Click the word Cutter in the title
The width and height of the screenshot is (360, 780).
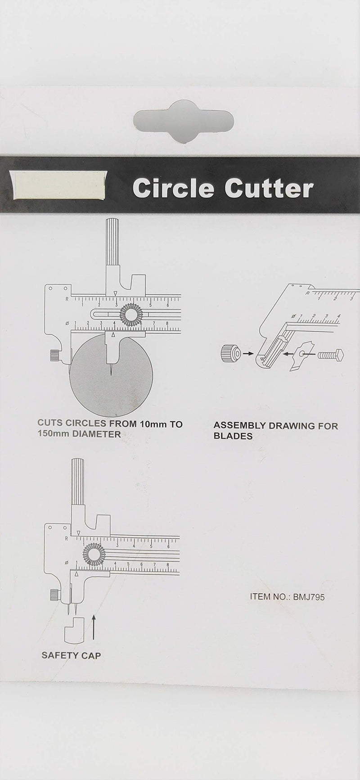click(269, 189)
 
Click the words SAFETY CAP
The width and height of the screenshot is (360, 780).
click(71, 655)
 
